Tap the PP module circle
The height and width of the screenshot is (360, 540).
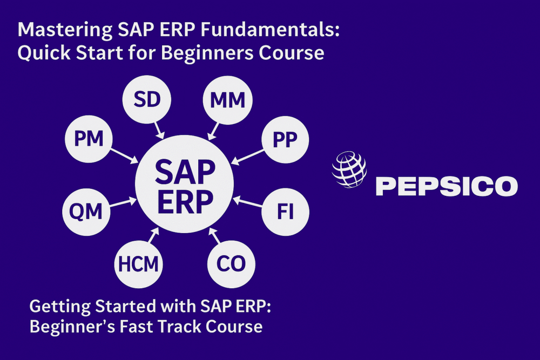click(x=285, y=139)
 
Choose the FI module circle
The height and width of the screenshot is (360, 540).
click(x=285, y=212)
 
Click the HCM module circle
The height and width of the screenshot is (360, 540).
click(x=139, y=264)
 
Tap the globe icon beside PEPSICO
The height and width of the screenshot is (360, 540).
click(x=349, y=168)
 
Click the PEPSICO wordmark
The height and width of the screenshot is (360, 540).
click(x=446, y=186)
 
